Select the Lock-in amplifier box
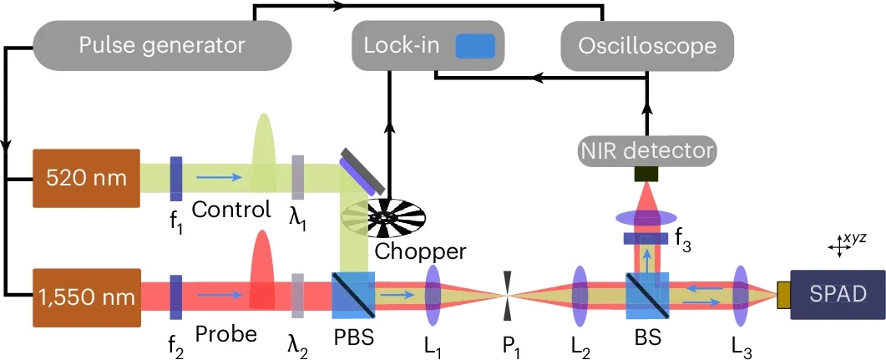(426, 44)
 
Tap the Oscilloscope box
(647, 44)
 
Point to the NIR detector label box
(647, 150)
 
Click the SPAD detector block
(838, 295)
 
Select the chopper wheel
(384, 215)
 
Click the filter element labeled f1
(176, 178)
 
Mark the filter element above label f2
(176, 296)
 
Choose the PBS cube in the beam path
(352, 295)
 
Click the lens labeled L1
(433, 296)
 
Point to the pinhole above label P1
(506, 296)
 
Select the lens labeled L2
(580, 296)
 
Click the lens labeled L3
(740, 296)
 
